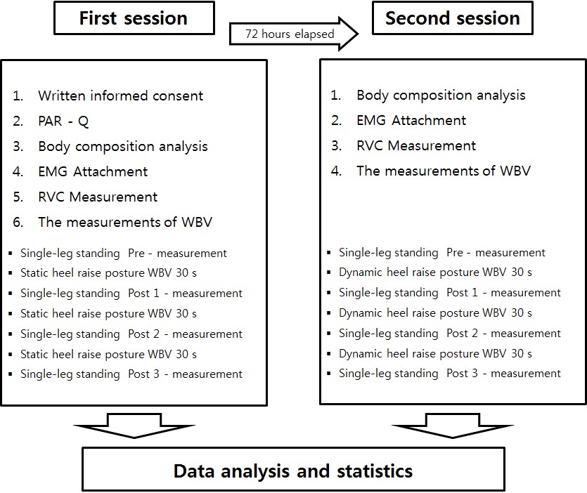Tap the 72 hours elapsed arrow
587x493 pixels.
[x=294, y=34]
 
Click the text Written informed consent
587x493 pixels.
[x=120, y=96]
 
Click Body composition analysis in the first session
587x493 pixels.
[x=123, y=146]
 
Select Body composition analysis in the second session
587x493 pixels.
[x=441, y=96]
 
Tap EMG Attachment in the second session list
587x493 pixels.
[x=411, y=121]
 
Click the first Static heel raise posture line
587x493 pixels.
[x=108, y=273]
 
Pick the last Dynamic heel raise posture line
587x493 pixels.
[x=435, y=353]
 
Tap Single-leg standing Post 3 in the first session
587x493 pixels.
[x=131, y=374]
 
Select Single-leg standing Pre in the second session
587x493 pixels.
[x=441, y=253]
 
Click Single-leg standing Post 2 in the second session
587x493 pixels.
[x=450, y=334]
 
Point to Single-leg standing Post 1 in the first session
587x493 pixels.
[x=131, y=294]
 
